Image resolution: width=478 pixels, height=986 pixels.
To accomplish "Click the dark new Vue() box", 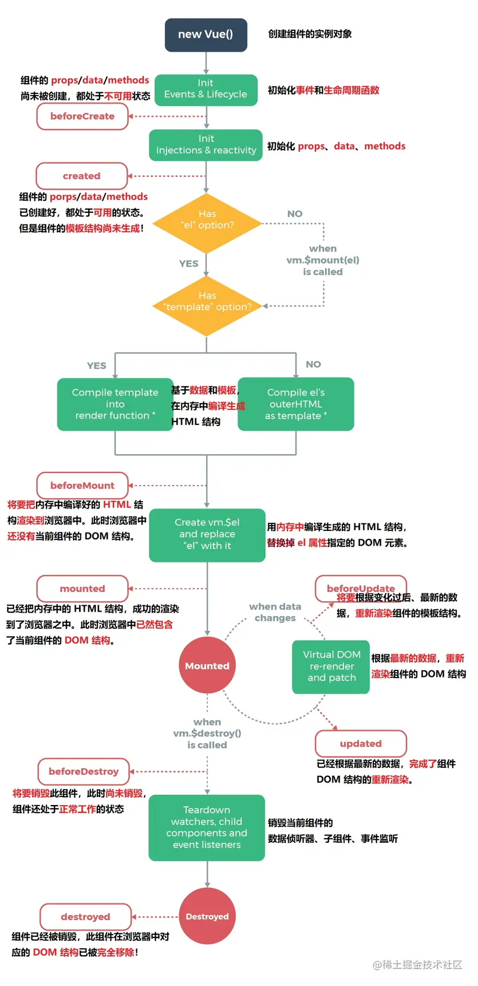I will (x=206, y=35).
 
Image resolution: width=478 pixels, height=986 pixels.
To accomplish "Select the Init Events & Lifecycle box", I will (x=206, y=90).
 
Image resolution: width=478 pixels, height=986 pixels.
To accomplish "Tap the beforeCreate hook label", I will (x=82, y=116).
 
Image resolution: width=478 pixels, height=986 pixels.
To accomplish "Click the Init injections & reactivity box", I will (x=206, y=145).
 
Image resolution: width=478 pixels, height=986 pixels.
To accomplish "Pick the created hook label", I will (x=82, y=176).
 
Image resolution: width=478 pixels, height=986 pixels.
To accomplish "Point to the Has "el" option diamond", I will (x=207, y=223).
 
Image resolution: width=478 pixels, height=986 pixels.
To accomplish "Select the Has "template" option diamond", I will (x=207, y=306).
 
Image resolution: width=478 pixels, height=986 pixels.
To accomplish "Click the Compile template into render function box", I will (x=115, y=404).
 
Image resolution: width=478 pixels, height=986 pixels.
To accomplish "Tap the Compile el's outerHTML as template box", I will (x=296, y=404).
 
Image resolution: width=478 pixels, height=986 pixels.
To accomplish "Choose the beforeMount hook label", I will (x=82, y=486).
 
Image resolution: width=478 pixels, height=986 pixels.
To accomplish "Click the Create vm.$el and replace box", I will (x=207, y=535).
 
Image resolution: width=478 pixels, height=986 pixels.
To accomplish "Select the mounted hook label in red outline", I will (x=82, y=589).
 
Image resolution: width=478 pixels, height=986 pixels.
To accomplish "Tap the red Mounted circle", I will (x=207, y=665).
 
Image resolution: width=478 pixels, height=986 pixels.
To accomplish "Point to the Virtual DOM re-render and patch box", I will (x=331, y=666).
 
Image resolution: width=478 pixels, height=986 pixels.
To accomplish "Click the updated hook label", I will (x=361, y=744).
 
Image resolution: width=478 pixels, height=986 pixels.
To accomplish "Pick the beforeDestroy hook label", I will (x=84, y=771).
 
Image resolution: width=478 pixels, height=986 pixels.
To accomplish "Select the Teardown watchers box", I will (x=207, y=827).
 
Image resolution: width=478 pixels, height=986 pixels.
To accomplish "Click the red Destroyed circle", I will (x=207, y=916).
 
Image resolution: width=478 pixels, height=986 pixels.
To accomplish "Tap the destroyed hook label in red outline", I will (x=85, y=917).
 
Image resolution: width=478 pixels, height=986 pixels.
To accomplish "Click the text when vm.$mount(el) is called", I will (x=323, y=260).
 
